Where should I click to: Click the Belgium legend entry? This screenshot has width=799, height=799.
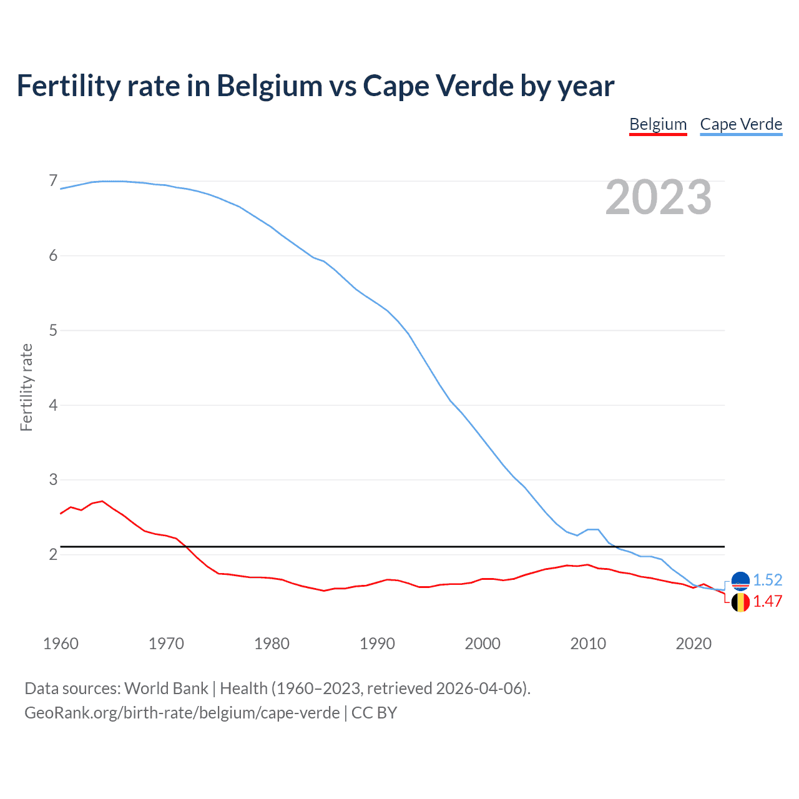(658, 124)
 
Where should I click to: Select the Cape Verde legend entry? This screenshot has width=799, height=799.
(741, 124)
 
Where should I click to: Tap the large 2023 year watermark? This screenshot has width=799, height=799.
(659, 197)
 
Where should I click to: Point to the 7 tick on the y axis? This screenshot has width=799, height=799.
(53, 181)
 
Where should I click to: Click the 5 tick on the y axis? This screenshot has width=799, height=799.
(53, 330)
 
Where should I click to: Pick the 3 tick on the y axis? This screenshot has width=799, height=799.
(53, 479)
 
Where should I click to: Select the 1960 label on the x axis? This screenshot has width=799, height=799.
(61, 644)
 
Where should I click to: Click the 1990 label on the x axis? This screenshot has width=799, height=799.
(377, 644)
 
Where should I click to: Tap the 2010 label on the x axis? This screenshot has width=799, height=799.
(588, 644)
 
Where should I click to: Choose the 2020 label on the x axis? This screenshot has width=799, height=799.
(694, 644)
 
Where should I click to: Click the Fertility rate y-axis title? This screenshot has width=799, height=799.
(26, 387)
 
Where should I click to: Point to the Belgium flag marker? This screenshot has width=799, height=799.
(740, 602)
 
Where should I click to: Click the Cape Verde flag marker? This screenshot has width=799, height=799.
(740, 581)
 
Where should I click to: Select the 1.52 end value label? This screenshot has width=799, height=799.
(767, 580)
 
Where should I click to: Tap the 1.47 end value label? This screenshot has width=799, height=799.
(767, 601)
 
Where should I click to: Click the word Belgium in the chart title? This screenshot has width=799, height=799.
(270, 86)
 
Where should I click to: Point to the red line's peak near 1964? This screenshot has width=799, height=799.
(102, 501)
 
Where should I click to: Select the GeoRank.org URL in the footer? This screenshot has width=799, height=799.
(182, 713)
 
